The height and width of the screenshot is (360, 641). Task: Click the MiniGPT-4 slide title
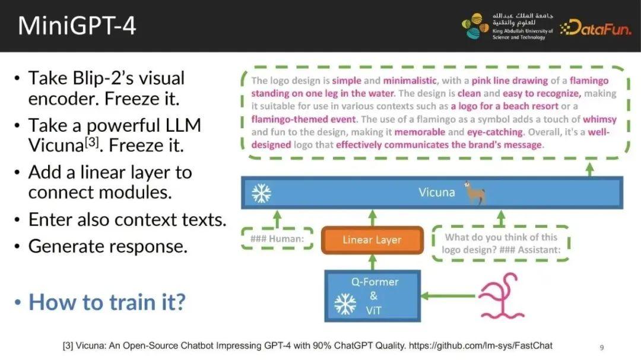coord(77,26)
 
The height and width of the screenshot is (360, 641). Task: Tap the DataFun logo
coord(596,27)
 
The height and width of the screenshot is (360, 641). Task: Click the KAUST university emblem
coord(475,26)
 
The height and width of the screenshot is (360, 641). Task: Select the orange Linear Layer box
coord(372,240)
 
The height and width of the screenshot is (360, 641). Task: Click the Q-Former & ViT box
coord(372,296)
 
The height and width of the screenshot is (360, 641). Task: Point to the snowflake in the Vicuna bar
coord(261,193)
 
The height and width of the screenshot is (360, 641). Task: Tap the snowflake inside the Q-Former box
coord(345,304)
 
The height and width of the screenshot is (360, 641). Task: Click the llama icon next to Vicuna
coord(475,193)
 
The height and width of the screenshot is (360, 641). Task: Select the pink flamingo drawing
coord(501,296)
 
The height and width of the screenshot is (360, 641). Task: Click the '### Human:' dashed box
coord(277,238)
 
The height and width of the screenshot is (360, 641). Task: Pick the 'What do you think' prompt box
coord(501,244)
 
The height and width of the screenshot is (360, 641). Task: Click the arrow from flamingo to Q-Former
coord(448,295)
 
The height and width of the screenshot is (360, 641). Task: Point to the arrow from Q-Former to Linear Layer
coord(372,262)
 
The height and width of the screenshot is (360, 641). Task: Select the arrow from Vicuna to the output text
coord(589,170)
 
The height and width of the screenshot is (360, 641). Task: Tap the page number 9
coord(602,348)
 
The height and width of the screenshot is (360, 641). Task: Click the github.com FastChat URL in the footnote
coord(480,346)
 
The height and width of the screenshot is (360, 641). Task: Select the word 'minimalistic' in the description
coord(410,81)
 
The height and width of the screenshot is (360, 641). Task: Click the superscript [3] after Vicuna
coord(92,141)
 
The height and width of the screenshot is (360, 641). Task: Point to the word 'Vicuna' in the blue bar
coord(437,193)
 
